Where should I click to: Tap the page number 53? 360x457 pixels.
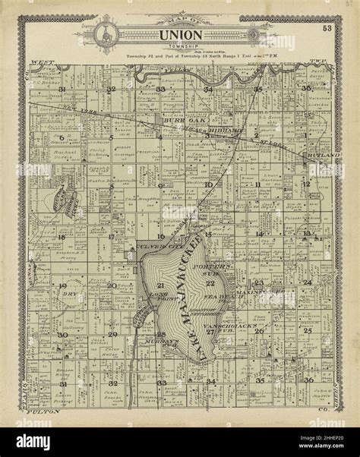pyautogui.click(x=326, y=28)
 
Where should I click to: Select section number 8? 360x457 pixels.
pyautogui.click(x=111, y=185)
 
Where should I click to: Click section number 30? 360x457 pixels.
pyautogui.click(x=62, y=335)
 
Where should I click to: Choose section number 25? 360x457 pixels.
pyautogui.click(x=307, y=331)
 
